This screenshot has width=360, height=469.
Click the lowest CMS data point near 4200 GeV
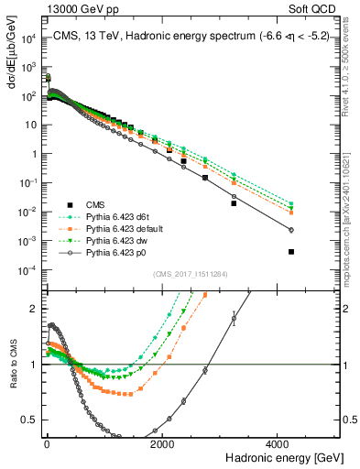(x=291, y=251)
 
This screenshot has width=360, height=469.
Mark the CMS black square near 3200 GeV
(x=234, y=203)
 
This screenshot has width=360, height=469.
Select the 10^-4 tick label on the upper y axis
(x=28, y=269)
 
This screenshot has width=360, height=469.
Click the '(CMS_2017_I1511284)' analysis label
(x=191, y=274)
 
